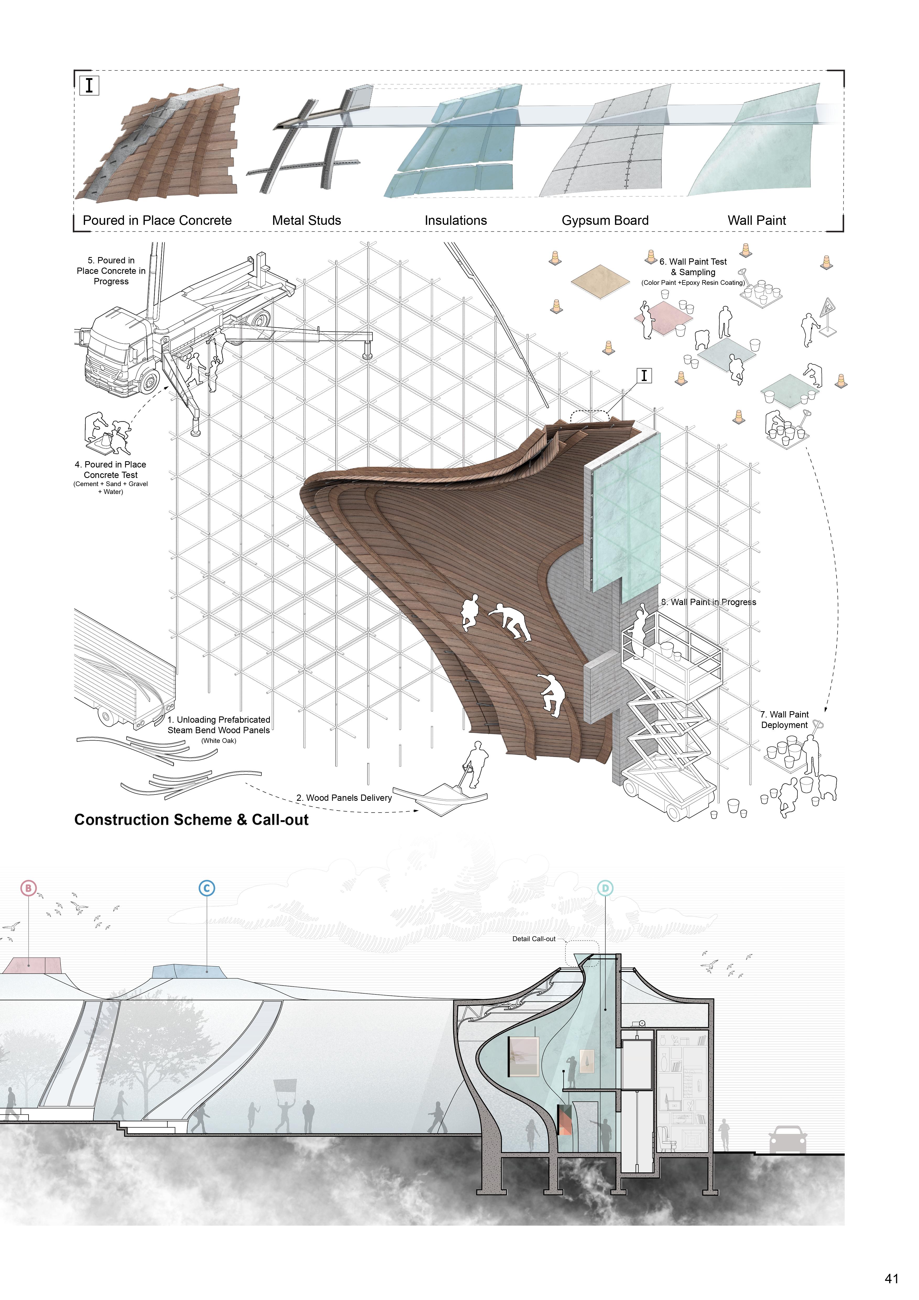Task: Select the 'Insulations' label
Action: pyautogui.click(x=456, y=220)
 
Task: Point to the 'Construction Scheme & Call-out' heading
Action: pyautogui.click(x=191, y=820)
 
